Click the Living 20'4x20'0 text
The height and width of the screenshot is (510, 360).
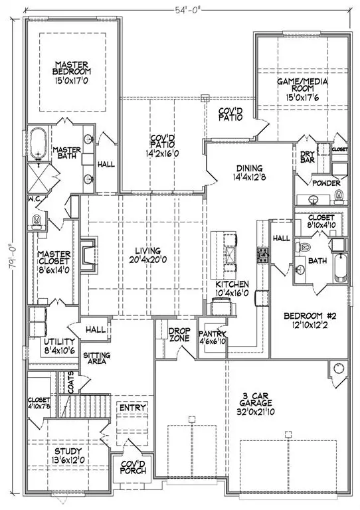(140, 256)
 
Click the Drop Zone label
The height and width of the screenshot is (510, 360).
(178, 334)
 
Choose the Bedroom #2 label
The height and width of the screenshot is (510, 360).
(308, 320)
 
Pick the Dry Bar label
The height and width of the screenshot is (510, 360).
(307, 156)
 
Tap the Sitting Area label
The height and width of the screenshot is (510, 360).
(97, 359)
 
